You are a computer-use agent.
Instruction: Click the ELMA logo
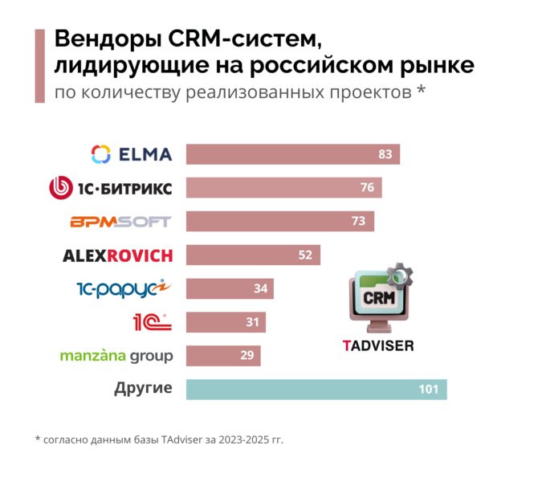tap(132, 153)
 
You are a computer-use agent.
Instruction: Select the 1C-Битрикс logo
tap(111, 188)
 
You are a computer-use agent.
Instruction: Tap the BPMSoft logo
tap(120, 222)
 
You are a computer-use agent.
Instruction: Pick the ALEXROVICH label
tap(117, 255)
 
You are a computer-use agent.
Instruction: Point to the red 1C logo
tap(152, 322)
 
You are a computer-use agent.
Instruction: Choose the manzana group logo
tap(116, 356)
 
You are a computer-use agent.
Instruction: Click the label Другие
tap(143, 389)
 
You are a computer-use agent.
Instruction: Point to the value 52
tap(306, 255)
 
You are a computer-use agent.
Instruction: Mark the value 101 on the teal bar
tap(428, 390)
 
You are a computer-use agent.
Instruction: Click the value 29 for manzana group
tap(247, 356)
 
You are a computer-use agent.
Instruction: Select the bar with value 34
tap(230, 289)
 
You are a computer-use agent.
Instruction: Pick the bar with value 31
tap(226, 323)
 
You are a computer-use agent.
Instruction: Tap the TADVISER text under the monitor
tap(378, 346)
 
